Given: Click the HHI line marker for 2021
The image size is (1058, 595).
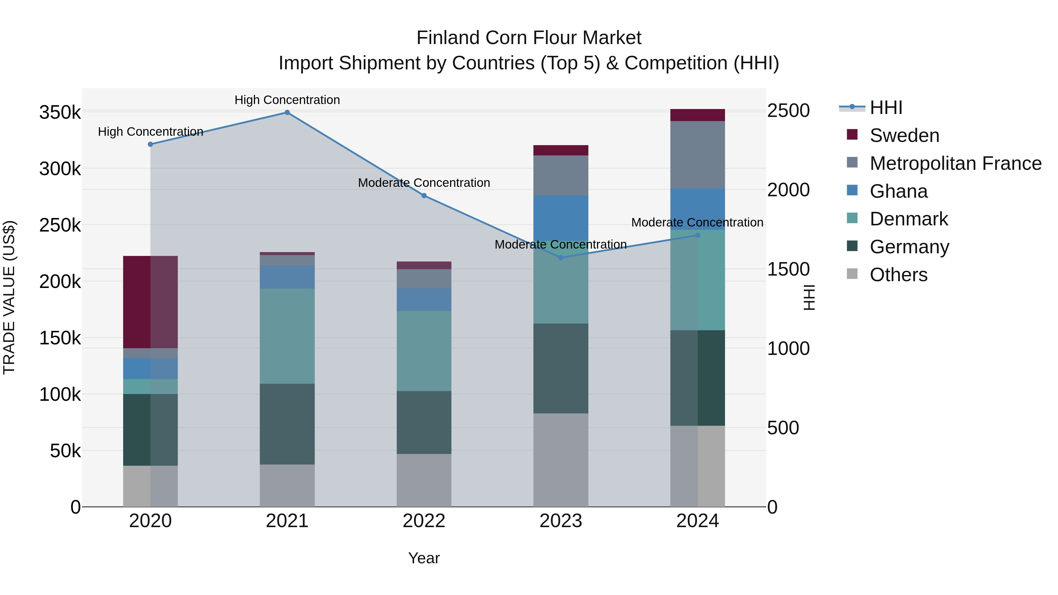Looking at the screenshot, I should click(287, 113).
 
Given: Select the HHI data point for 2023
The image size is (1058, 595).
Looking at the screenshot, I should click(561, 257).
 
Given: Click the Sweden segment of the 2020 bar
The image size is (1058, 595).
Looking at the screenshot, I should click(150, 302).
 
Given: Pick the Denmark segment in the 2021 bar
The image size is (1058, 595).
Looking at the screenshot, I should click(287, 336).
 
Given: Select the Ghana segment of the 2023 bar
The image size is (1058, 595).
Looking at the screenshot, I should click(561, 218).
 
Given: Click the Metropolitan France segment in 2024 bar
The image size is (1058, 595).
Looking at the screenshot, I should click(697, 155).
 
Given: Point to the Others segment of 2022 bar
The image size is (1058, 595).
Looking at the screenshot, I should click(424, 480).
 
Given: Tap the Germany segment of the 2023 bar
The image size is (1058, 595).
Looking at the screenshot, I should click(561, 368).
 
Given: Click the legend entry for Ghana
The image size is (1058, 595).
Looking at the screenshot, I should click(899, 191).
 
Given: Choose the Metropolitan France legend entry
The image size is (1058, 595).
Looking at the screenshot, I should click(955, 163).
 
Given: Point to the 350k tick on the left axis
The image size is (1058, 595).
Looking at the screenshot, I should click(60, 113).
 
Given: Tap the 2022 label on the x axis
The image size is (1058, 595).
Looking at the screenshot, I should click(424, 521).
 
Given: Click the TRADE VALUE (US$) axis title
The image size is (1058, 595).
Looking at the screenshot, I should click(9, 297).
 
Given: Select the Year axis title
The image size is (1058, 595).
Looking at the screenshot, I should click(424, 558).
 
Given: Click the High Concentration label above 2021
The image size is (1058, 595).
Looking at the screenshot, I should click(287, 100).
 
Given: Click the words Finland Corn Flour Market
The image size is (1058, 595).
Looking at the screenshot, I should click(529, 38).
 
